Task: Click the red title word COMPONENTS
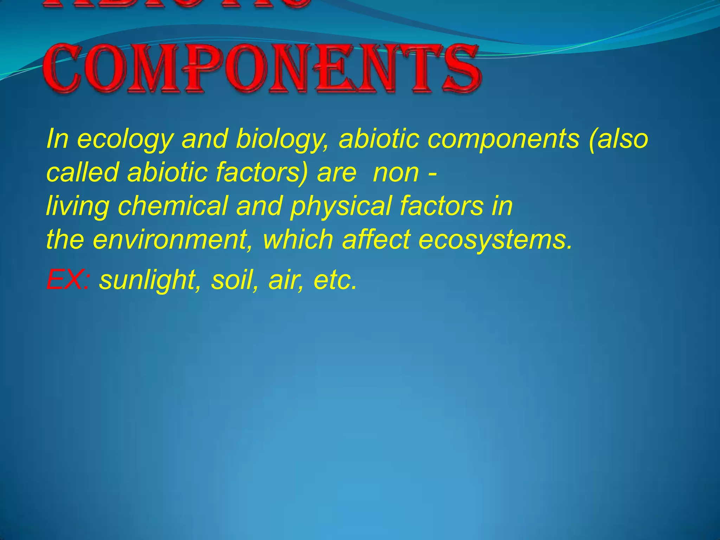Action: coord(262,69)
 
